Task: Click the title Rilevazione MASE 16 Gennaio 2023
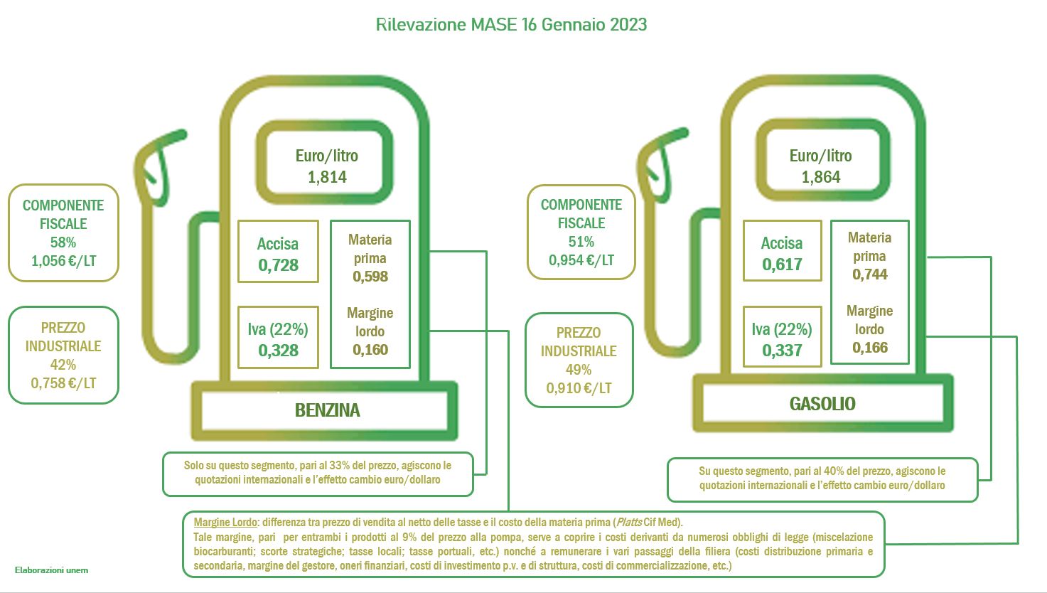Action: click(511, 24)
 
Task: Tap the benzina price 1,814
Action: click(327, 177)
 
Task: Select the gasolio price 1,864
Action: click(821, 177)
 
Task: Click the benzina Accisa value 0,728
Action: click(278, 265)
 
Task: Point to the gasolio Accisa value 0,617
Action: click(782, 265)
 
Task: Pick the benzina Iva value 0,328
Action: click(278, 351)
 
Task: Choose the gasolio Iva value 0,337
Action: click(782, 351)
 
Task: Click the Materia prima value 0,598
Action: click(370, 277)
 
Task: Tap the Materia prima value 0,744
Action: click(870, 274)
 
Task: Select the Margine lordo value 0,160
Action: click(370, 349)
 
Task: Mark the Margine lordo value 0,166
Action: click(870, 348)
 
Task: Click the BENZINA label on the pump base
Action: click(327, 410)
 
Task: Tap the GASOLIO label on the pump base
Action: click(822, 404)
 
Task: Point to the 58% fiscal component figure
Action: click(63, 242)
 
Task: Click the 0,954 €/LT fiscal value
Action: click(581, 260)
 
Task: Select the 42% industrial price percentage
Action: click(63, 364)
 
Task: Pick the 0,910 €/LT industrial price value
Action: click(579, 388)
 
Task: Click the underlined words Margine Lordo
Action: click(225, 523)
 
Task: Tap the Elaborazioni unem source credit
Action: click(51, 570)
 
